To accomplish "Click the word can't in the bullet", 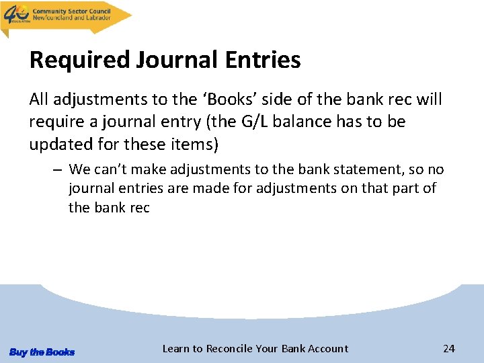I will click(x=111, y=169).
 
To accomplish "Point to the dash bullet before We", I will click(x=58, y=169).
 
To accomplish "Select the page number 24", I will click(x=449, y=348).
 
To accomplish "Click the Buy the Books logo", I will click(x=42, y=352).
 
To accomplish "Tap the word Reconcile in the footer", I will click(x=230, y=348).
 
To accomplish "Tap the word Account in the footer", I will click(x=327, y=348).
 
